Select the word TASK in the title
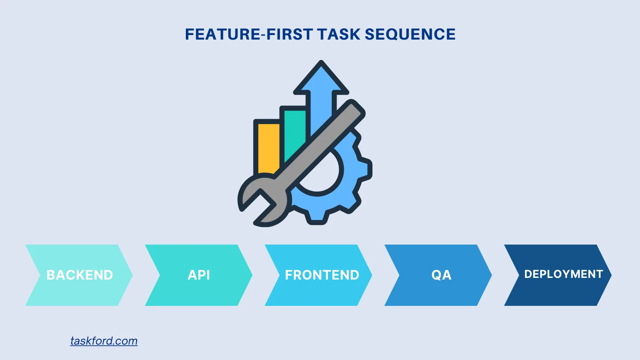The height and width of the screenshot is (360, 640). [339, 34]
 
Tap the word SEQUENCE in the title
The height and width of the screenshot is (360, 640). [410, 34]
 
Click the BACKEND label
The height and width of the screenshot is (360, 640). [80, 275]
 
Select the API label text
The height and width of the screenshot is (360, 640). [199, 275]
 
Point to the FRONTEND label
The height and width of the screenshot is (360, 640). [322, 275]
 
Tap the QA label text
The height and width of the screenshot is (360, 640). [441, 275]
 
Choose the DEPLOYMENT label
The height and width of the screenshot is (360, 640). [563, 274]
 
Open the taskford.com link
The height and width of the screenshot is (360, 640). [104, 341]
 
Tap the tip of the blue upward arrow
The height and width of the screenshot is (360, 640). [321, 63]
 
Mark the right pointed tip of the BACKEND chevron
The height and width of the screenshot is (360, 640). [132, 275]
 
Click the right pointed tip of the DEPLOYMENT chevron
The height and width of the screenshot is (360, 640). [611, 275]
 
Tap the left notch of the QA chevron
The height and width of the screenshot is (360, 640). [399, 275]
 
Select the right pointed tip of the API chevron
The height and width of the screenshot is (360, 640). [252, 275]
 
